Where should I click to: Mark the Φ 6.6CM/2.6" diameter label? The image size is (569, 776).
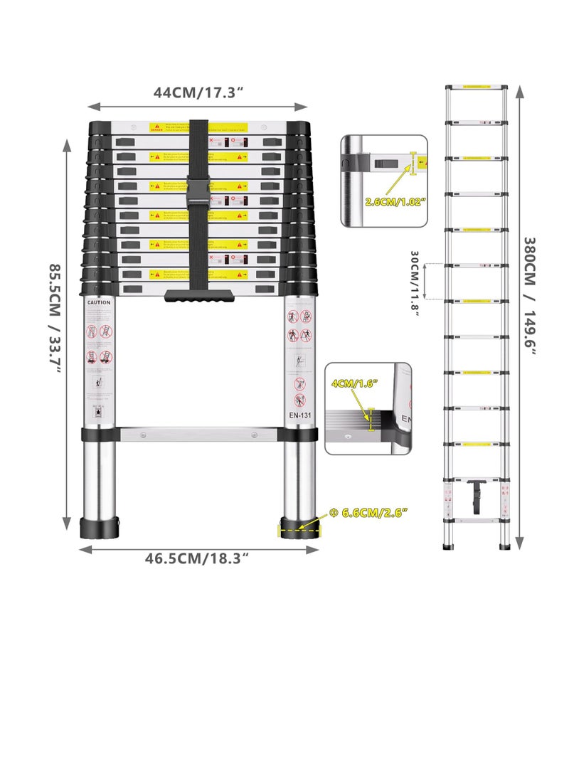tap(368, 511)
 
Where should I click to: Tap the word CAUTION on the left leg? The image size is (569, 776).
tap(99, 302)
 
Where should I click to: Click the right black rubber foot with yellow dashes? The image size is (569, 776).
tap(299, 530)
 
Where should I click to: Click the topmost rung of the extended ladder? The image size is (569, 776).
tap(477, 87)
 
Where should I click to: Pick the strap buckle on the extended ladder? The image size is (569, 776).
tap(476, 494)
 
